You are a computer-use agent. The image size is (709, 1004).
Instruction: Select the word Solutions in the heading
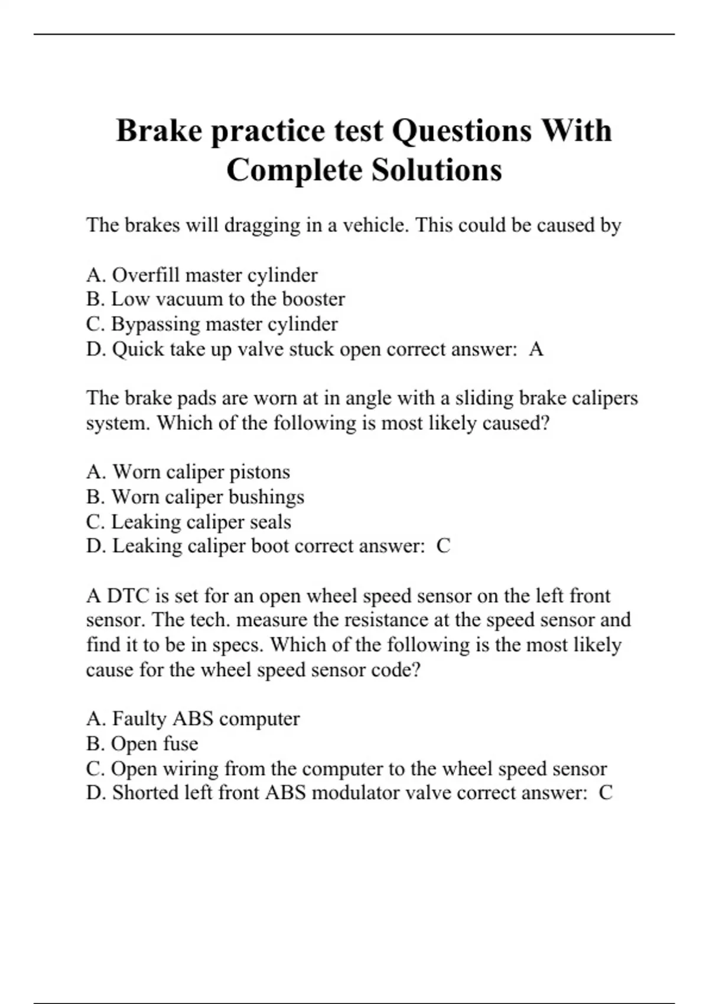coord(437,170)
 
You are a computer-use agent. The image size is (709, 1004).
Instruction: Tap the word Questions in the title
coord(461,131)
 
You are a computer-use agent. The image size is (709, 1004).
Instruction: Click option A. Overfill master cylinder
coord(202,275)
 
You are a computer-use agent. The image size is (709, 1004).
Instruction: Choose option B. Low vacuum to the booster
coord(215,299)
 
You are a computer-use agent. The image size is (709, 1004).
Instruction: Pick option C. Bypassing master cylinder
coord(212,324)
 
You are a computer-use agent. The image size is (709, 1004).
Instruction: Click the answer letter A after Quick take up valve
coord(536,349)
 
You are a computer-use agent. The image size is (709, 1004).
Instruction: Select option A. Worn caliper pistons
coord(188,472)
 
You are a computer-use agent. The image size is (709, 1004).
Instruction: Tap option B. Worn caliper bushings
coord(195,497)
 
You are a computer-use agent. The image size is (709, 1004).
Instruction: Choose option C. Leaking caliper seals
coord(188,521)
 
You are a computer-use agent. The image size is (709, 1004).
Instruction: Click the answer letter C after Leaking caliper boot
coord(443,546)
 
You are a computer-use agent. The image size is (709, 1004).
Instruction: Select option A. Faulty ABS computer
coord(193,719)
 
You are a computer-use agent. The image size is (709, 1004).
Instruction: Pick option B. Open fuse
coord(142,744)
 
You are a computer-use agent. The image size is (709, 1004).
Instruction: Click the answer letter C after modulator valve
coord(606,793)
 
